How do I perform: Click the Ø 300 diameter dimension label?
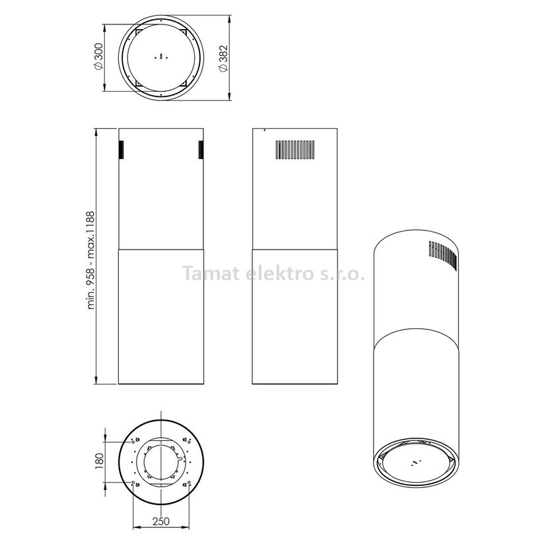[x=99, y=57]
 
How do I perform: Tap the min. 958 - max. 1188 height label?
[x=90, y=260]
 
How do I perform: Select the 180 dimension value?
[x=99, y=462]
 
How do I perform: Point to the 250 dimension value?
[x=160, y=521]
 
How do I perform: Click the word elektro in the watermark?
[x=279, y=273]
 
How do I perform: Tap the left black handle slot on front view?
[x=121, y=150]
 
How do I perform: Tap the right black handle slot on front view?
[x=201, y=150]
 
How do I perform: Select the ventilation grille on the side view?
[x=295, y=151]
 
